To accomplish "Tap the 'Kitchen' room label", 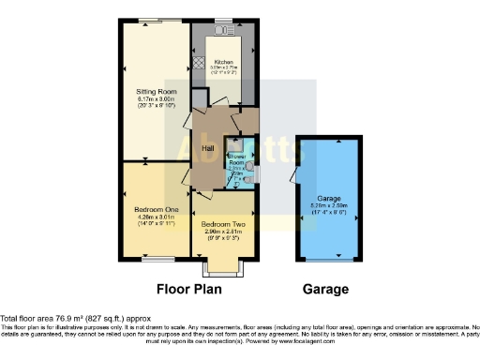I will [x=223, y=61].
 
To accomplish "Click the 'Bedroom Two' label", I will [x=222, y=225].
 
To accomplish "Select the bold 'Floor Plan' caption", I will [x=194, y=290].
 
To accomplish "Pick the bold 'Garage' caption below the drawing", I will [x=324, y=290].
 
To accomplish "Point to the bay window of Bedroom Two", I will [x=222, y=269].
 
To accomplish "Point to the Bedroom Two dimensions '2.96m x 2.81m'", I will [x=222, y=233].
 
